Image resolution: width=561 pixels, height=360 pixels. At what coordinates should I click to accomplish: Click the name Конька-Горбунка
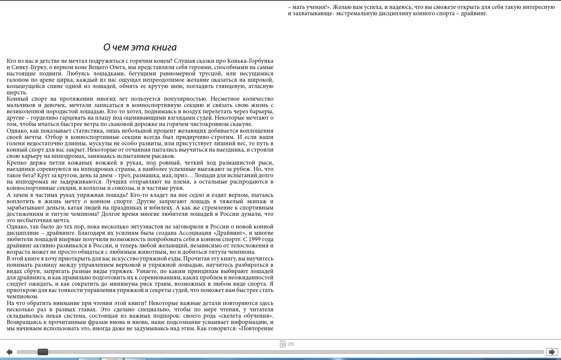click(x=249, y=61)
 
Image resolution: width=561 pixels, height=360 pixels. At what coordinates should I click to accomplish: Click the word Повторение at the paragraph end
click(x=257, y=328)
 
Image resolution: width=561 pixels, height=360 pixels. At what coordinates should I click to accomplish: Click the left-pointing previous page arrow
click(x=9, y=352)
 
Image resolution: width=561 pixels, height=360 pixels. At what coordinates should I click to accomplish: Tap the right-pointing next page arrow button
click(x=552, y=352)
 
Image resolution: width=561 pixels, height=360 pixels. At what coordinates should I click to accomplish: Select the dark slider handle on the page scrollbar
click(x=43, y=352)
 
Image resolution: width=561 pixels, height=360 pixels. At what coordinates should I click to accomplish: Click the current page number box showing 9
click(x=282, y=344)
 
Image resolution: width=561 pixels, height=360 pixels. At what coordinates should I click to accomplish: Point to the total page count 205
click(x=291, y=344)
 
